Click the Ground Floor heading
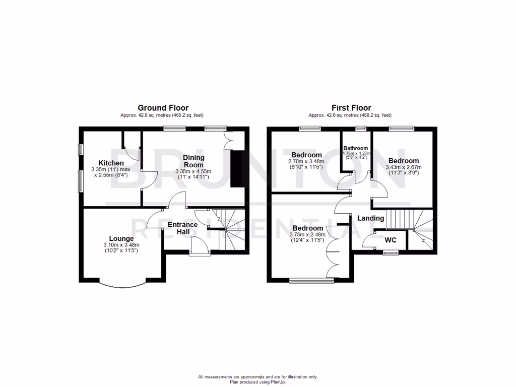pos(163,108)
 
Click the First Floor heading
pos(351,108)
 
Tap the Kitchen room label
pos(111,163)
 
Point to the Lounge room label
pos(121,238)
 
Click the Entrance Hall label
pos(182,228)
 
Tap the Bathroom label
pos(356,148)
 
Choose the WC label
pos(391,240)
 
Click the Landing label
pos(371,218)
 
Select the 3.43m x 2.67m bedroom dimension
pos(403,167)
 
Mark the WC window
pos(390,252)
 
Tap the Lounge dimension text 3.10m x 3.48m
pos(121,245)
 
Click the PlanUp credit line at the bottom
pos(257,381)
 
